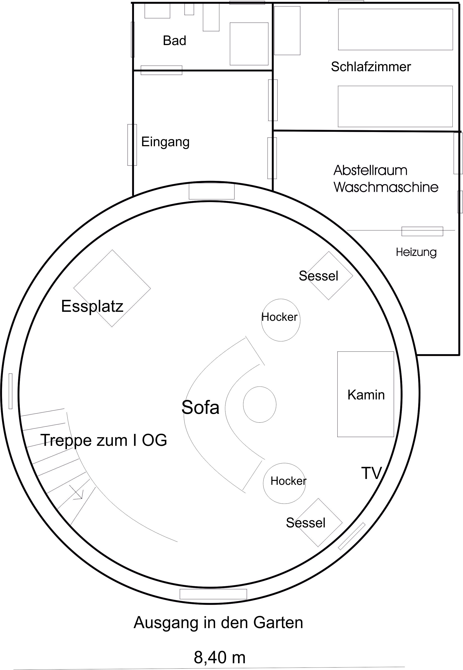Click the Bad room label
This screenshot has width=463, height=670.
coord(174,41)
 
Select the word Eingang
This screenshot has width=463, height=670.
coord(165,142)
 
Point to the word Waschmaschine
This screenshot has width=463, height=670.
coord(386,187)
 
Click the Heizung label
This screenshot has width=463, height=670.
coord(416,252)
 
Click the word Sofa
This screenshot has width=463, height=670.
coord(200,407)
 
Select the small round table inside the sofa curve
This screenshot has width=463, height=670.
coord(259,404)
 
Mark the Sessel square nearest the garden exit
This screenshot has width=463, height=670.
coord(318,523)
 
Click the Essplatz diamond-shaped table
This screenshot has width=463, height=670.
coord(112,288)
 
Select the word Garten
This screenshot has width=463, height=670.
coord(278,622)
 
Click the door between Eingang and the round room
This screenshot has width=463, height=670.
coord(211,191)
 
